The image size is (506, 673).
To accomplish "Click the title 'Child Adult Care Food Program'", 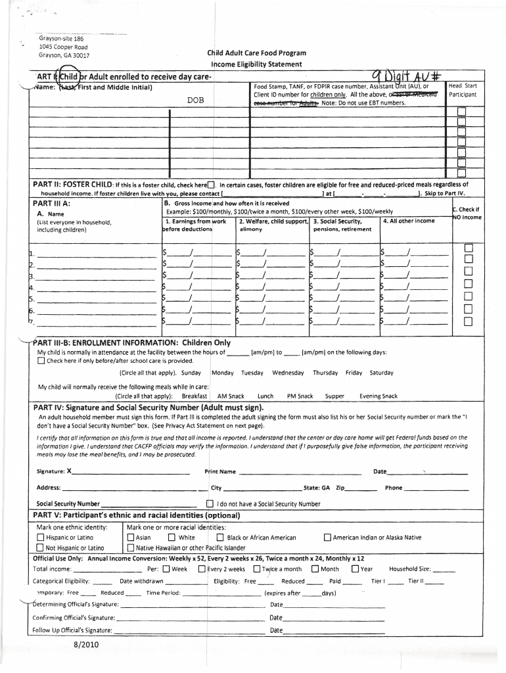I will tap(257, 53).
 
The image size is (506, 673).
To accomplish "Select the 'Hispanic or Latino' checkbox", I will tap(41, 538).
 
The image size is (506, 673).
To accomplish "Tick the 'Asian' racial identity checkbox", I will tap(131, 538).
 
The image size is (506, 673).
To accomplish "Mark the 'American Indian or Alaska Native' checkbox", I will tap(327, 538).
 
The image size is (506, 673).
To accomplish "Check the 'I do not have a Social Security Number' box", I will tap(210, 504).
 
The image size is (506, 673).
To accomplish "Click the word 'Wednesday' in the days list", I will tap(288, 373).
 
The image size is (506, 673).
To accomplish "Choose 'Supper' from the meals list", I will tap(334, 396).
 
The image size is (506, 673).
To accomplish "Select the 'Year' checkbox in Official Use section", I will tap(355, 569).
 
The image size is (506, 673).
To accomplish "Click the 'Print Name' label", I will tap(220, 472).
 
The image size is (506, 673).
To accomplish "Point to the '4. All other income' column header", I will tap(409, 221).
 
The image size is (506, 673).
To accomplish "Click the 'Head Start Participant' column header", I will tap(462, 90).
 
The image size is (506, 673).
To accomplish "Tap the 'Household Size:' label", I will tap(410, 569).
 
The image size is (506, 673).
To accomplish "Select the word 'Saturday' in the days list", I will tap(382, 373).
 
